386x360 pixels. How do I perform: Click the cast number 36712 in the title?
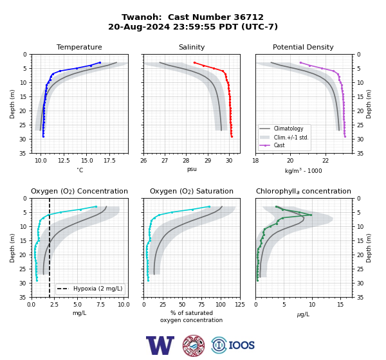coord(248,17)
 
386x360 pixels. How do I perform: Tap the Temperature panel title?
coord(79,47)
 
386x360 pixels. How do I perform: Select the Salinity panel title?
coord(192,47)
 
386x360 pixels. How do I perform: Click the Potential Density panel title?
coord(303,47)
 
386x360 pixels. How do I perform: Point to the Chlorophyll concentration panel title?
coord(303,191)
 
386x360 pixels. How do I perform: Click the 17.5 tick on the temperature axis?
coord(109,161)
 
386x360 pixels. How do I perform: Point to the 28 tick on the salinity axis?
coord(186,161)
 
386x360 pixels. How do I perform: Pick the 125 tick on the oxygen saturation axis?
coord(240,305)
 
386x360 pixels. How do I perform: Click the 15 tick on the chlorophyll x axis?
coord(340,305)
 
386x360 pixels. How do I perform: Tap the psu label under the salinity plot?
coord(192,169)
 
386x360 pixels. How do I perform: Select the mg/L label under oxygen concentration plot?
coord(79,313)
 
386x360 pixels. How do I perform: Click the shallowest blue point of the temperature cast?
coord(100,62)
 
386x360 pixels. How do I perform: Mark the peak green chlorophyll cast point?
coord(311,215)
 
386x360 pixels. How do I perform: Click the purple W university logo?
coord(160,345)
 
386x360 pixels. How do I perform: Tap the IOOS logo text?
coord(241,345)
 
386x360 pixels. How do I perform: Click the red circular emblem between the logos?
coord(194,345)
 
